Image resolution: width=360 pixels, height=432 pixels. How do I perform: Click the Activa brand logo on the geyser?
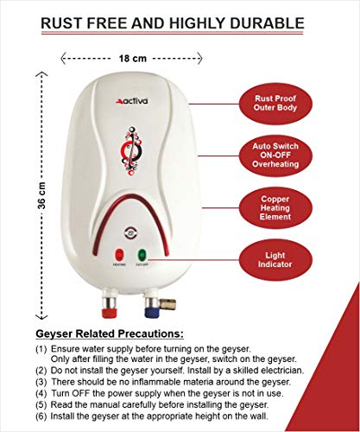point(132,101)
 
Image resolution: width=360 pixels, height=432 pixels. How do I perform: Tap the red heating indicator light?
point(119,255)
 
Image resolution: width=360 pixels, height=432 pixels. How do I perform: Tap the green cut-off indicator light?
point(142,255)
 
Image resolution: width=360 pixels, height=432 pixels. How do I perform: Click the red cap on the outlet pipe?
point(110,312)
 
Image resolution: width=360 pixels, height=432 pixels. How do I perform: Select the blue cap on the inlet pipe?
point(152,312)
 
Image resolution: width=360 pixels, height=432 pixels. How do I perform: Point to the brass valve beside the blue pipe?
point(167,304)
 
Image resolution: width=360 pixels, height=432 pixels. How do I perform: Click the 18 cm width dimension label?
point(133,59)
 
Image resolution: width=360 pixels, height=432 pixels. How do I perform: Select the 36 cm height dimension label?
point(41,195)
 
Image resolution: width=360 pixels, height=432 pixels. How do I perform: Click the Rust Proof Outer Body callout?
point(275,104)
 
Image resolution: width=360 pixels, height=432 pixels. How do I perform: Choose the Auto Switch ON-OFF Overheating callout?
point(275,156)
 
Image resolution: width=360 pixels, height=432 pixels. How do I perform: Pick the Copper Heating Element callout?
point(275,207)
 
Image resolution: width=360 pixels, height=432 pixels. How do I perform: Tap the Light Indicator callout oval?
point(275,260)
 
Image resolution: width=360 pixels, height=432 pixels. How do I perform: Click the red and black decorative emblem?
point(131,150)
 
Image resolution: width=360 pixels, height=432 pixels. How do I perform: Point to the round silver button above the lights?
point(131,232)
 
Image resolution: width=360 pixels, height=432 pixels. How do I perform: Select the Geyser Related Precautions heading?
point(110,334)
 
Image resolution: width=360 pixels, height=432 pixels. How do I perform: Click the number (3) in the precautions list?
point(41,382)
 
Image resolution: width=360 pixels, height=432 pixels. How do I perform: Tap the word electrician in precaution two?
point(282,370)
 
